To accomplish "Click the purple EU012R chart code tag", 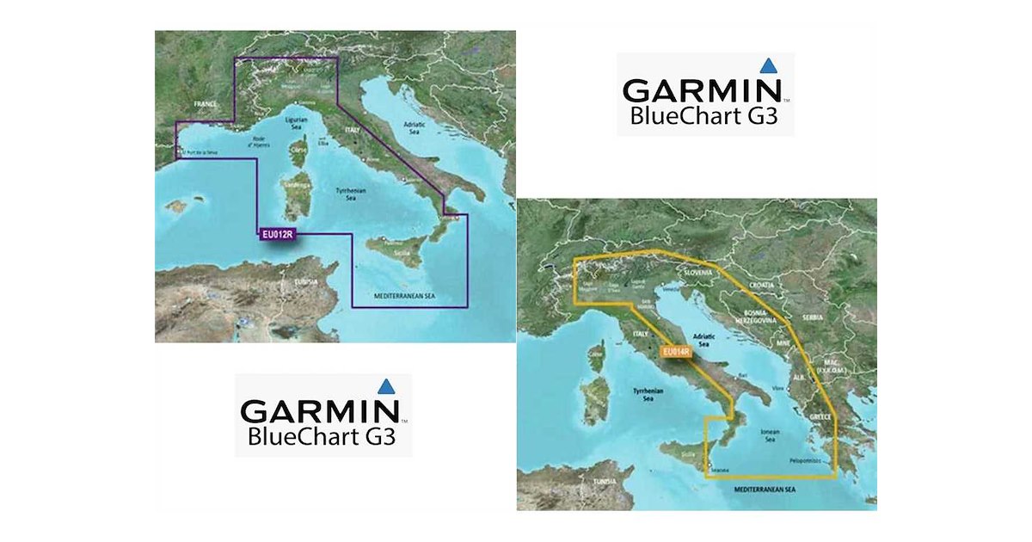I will [x=276, y=233].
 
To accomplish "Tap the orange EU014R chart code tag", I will [x=676, y=351].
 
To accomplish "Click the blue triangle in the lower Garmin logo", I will [x=387, y=386].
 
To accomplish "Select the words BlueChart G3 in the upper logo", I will [x=703, y=115].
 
